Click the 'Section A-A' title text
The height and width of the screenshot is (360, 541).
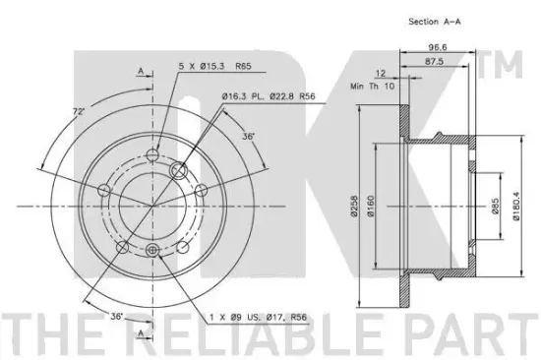[435, 22]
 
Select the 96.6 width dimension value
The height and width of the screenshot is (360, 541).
[438, 47]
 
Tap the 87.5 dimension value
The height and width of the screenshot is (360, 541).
[434, 62]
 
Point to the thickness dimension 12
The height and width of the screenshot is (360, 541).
[381, 74]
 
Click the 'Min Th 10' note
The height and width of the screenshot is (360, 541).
[372, 86]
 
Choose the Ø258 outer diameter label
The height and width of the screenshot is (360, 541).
[355, 206]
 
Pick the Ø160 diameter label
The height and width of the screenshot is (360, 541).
[371, 206]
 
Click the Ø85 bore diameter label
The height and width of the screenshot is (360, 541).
[495, 206]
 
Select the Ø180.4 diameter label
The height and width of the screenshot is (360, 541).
[515, 206]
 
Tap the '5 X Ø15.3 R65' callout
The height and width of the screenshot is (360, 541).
[215, 66]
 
